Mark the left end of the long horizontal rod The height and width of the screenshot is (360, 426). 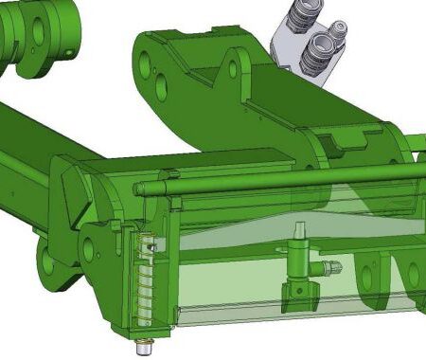[x=140, y=189]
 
